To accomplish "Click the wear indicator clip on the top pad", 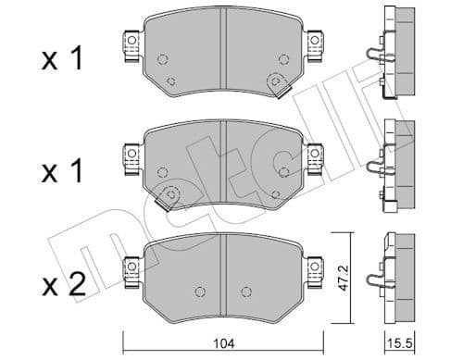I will click(275, 85).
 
